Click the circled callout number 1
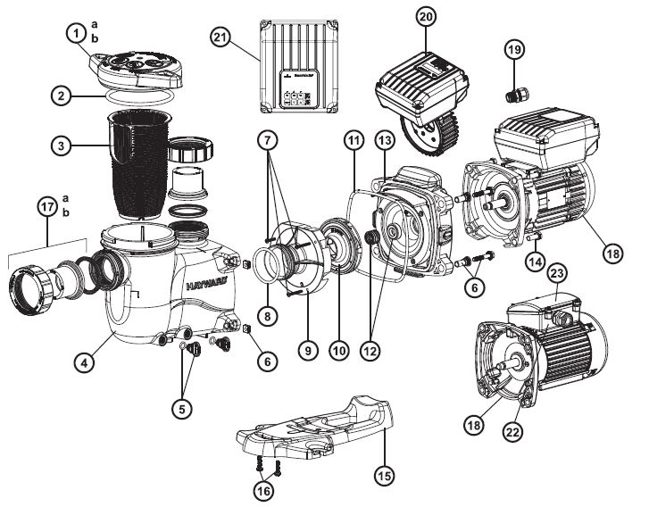(80, 36)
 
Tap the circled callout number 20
(425, 18)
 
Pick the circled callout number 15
(384, 476)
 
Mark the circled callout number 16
(266, 489)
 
